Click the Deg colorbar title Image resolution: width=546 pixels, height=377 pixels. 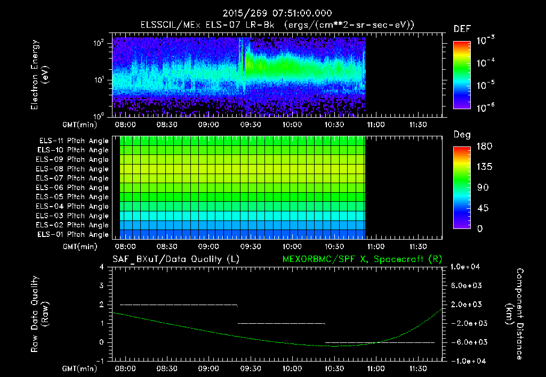(461, 135)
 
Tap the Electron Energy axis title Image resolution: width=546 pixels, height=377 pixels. (39, 76)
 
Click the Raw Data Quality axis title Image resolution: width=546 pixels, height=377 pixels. (39, 314)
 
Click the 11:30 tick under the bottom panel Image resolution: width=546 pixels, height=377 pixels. (417, 368)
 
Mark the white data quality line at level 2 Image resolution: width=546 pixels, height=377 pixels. (179, 305)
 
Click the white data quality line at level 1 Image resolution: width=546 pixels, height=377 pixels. (281, 323)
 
